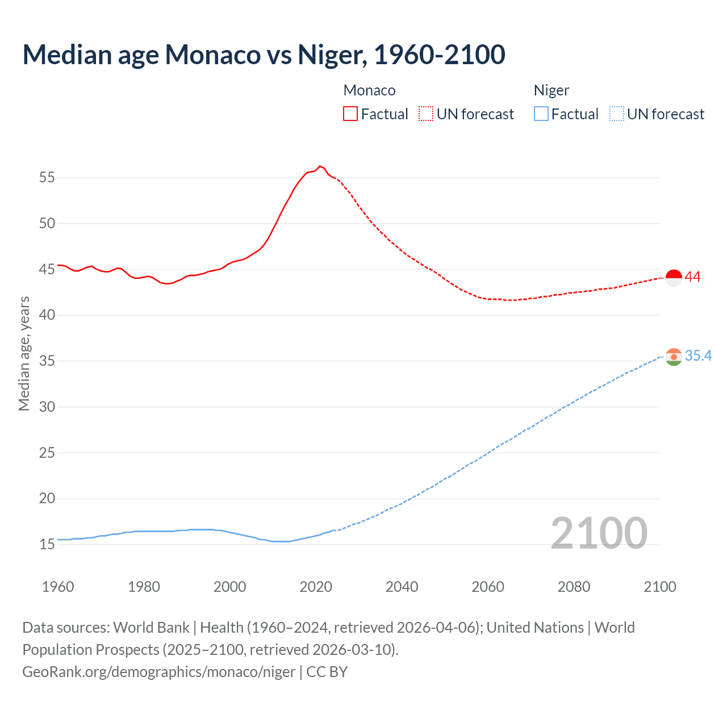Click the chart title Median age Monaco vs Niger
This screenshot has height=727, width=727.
pyautogui.click(x=264, y=55)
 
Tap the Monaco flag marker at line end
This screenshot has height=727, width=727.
pyautogui.click(x=673, y=278)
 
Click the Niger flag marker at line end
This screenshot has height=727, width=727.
pyautogui.click(x=673, y=357)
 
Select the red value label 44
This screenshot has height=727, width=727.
pyautogui.click(x=692, y=277)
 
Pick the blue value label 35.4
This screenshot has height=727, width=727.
pyautogui.click(x=698, y=356)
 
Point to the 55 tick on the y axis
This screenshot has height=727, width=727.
pyautogui.click(x=47, y=177)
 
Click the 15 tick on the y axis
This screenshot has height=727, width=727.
pyautogui.click(x=47, y=545)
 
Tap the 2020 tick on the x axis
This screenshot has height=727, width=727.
pyautogui.click(x=316, y=587)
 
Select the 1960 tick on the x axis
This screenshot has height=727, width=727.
pyautogui.click(x=58, y=587)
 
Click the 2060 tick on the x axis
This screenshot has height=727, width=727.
pyautogui.click(x=488, y=587)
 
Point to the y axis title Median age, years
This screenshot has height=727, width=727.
pyautogui.click(x=24, y=353)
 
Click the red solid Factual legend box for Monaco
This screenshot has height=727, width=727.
pyautogui.click(x=350, y=114)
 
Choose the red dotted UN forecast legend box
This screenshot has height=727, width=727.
pyautogui.click(x=426, y=114)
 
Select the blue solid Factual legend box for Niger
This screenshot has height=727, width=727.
pyautogui.click(x=541, y=114)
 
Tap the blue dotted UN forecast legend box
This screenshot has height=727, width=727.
pyautogui.click(x=616, y=114)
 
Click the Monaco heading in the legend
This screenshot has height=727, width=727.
pyautogui.click(x=369, y=90)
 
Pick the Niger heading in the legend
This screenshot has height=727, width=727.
pyautogui.click(x=551, y=90)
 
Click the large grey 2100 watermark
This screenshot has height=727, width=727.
pyautogui.click(x=599, y=533)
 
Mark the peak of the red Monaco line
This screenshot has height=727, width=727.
pyautogui.click(x=320, y=166)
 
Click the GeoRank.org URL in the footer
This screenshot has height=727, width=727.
pyautogui.click(x=158, y=672)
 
